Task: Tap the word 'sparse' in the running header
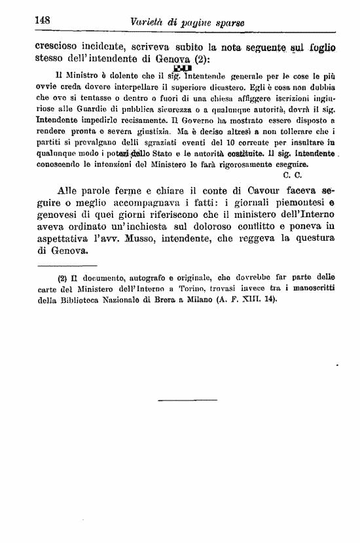coord(227,23)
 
